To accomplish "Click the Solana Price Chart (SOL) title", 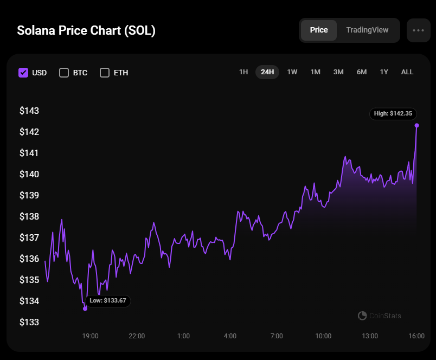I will (86, 30).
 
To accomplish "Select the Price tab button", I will (319, 30).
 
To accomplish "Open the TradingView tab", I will (367, 30).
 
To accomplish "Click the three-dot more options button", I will (418, 30).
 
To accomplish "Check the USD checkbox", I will (23, 73).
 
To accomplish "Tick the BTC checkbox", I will (64, 73).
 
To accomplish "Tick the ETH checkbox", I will (105, 73).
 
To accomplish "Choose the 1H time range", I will (243, 72).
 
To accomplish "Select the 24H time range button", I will (267, 72).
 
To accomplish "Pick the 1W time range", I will (292, 72).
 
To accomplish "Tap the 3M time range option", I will (338, 72).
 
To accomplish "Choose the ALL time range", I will (407, 72).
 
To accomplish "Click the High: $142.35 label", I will (394, 114).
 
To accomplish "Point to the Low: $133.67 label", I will (107, 300).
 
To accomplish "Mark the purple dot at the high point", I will (416, 125).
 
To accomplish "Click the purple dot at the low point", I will (85, 308).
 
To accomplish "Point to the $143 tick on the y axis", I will (29, 111).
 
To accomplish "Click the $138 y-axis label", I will (29, 216).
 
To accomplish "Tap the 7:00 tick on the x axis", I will (277, 336).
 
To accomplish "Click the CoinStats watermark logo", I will (380, 316).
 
